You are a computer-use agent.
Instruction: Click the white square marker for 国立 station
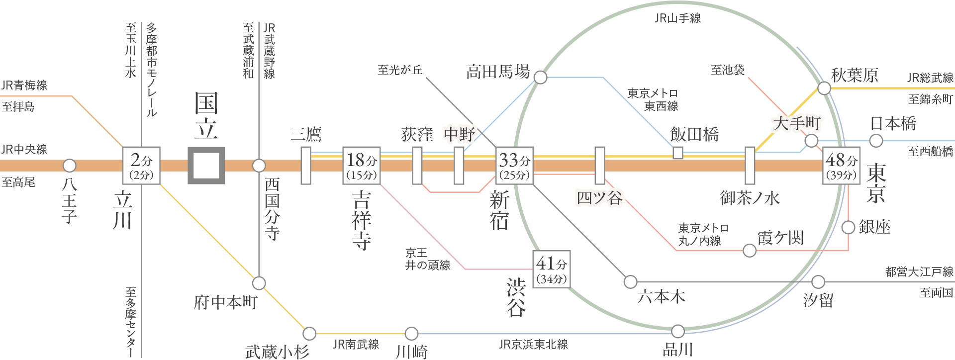pos(206,165)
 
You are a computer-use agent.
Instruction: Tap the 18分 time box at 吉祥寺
pos(362,166)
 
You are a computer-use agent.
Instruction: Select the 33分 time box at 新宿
pos(515,166)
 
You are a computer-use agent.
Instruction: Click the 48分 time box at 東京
pos(842,166)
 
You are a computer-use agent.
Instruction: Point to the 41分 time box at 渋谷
pos(552,269)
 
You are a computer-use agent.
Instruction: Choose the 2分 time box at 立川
pos(141,166)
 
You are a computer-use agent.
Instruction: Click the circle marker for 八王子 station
pos(69,165)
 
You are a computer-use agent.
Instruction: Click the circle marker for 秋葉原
pos(824,89)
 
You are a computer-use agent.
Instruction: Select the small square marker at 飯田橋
pos(677,153)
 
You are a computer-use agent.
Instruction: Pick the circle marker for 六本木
pos(630,281)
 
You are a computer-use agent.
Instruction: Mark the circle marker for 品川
pos(677,331)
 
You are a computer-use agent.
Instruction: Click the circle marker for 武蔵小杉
pos(309,333)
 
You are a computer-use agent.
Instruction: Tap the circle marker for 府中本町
pos(259,283)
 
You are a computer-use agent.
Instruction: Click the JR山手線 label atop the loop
pos(677,18)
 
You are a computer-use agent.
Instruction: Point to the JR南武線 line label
pos(356,344)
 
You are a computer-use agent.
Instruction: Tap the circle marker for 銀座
pos(849,227)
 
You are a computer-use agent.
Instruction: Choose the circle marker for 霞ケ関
pos(750,250)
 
